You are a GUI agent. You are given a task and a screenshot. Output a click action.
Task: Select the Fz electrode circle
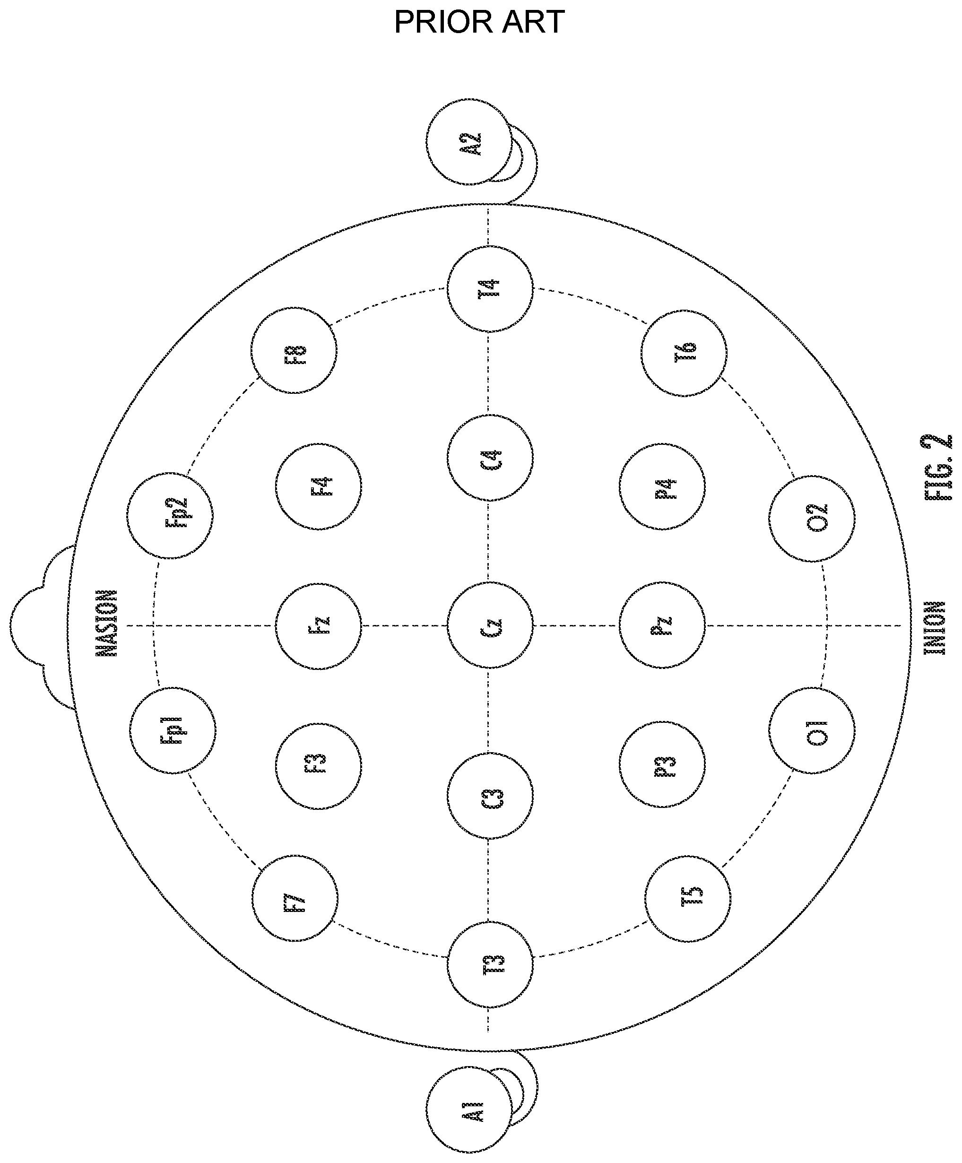[x=319, y=626]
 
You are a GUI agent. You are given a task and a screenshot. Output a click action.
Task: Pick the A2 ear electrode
[x=468, y=142]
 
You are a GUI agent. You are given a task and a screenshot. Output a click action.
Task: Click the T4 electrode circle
[x=490, y=288]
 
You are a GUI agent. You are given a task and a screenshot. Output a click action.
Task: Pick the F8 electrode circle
[x=294, y=350]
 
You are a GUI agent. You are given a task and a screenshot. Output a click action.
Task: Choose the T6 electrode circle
[x=684, y=353]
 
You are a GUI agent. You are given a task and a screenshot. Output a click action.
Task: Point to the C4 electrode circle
[x=490, y=458]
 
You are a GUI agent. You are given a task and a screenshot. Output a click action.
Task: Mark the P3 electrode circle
[x=662, y=764]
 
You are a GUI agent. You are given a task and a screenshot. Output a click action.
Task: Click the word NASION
[x=107, y=623]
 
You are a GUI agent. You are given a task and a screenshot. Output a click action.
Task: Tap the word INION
[x=935, y=628]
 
